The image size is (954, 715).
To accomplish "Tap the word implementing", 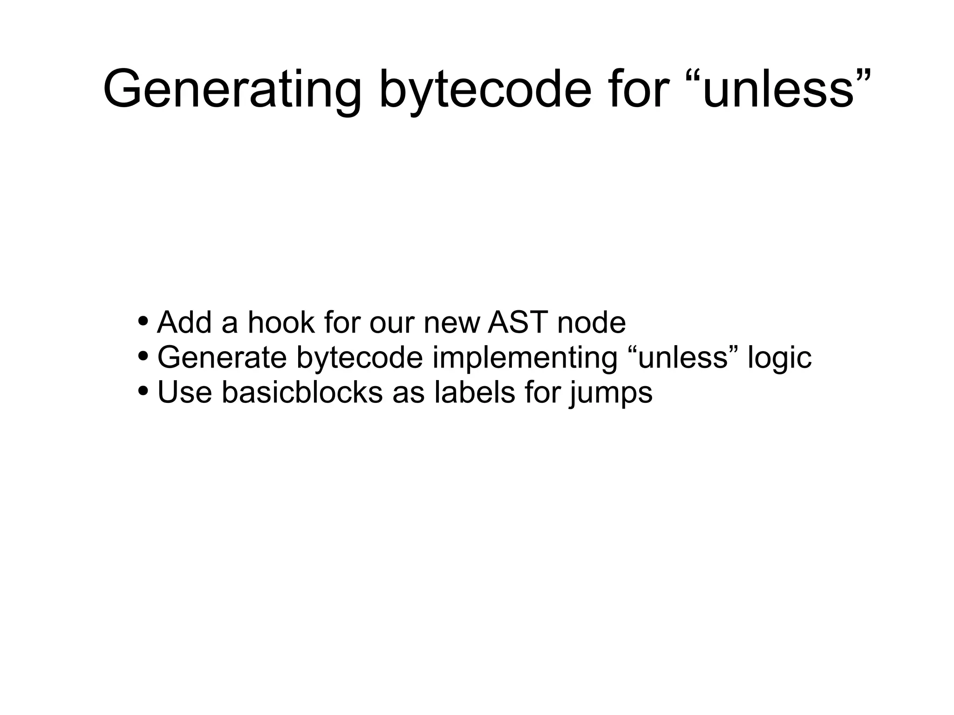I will tap(525, 357).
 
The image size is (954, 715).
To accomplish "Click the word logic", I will tap(779, 357).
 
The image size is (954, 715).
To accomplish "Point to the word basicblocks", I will tap(302, 392).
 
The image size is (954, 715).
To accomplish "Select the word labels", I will tap(475, 392).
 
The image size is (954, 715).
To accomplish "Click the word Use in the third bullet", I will tap(184, 392).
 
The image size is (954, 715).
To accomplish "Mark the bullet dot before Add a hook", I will tap(143, 321).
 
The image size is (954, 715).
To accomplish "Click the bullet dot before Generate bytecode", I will tap(143, 356).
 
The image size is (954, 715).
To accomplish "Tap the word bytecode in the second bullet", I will tap(359, 357).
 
